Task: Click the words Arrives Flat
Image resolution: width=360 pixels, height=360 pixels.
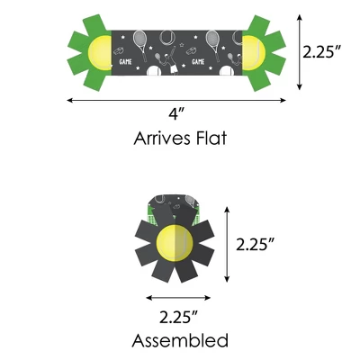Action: pos(180,139)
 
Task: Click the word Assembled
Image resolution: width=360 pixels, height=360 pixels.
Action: pos(180,341)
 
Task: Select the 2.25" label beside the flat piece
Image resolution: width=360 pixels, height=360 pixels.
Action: pos(322,51)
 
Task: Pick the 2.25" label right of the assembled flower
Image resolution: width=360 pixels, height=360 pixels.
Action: pos(256,244)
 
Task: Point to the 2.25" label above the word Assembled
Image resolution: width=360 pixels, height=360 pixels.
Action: pos(179,318)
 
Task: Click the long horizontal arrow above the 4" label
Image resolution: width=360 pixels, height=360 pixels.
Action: pos(176,100)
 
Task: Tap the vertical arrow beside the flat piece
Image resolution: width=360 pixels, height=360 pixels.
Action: pos(299,52)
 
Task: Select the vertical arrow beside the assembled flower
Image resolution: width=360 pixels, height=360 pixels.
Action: pos(227,245)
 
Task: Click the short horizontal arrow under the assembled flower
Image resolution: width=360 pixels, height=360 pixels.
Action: pos(178,298)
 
